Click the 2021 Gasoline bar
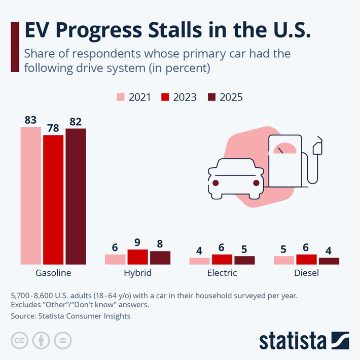[x=30, y=195]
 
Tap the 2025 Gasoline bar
[x=76, y=196]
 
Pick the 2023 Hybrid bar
[x=137, y=257]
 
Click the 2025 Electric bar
[x=244, y=260]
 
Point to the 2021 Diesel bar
[x=283, y=260]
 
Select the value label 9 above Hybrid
[x=137, y=242]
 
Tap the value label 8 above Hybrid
[x=160, y=244]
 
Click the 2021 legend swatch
[x=121, y=97]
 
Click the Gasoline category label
[x=53, y=273]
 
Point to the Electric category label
[x=222, y=273]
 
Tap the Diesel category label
[x=306, y=273]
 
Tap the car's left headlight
[x=215, y=183]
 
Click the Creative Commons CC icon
[x=19, y=340]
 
